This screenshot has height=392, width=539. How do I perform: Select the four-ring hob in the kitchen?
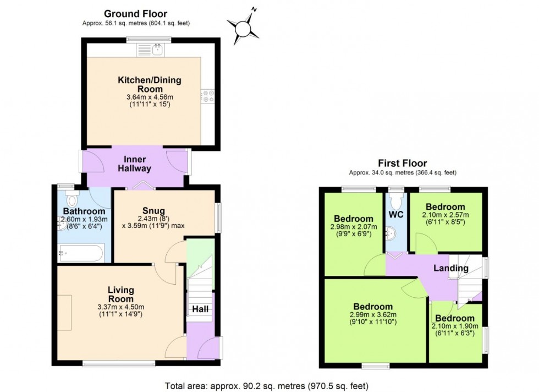(208, 96)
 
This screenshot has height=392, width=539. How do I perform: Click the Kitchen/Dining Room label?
(150, 84)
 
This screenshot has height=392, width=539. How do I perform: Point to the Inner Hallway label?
(134, 164)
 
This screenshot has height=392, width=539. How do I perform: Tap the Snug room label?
(153, 211)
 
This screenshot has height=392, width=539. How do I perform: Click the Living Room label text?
(120, 294)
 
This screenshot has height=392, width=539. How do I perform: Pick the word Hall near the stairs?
(200, 309)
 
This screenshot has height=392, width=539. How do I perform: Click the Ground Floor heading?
(135, 14)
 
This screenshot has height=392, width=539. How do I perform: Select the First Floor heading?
(403, 163)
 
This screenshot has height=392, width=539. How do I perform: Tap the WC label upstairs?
(396, 214)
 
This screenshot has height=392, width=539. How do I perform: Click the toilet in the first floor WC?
(396, 201)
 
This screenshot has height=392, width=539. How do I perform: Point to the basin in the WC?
(391, 233)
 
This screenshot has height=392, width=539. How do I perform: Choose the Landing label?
(450, 268)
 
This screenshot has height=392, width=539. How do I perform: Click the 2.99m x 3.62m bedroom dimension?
(373, 314)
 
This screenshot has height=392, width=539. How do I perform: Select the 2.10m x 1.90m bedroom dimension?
(455, 326)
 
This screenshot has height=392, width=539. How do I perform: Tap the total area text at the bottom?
(267, 386)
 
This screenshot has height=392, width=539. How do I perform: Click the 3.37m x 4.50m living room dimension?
(120, 307)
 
